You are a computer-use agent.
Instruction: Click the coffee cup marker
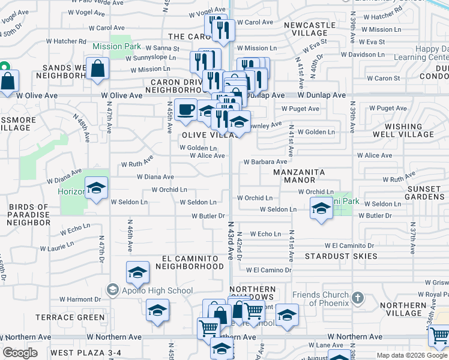[x=185, y=110]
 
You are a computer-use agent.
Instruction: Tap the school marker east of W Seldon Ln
[x=322, y=209]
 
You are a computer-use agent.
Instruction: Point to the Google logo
[x=20, y=353]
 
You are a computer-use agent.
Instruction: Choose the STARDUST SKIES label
[x=341, y=256]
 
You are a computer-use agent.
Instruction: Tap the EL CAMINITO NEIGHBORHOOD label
[x=189, y=262]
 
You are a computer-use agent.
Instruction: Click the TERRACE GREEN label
[x=71, y=317]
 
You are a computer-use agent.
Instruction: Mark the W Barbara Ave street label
[x=265, y=162]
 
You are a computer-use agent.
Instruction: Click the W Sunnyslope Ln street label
[x=151, y=58]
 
